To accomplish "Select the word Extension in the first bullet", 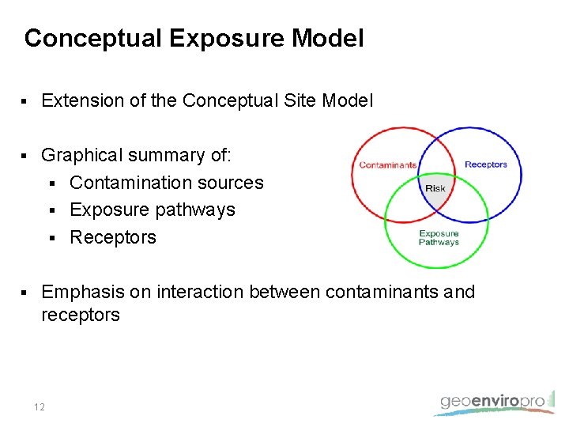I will [x=80, y=101].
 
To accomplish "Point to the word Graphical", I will [x=83, y=156].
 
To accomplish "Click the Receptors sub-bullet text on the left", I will [x=113, y=237].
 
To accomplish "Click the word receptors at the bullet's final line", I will [x=81, y=315].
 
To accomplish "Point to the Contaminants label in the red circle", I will [x=387, y=165].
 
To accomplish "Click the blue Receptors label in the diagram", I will [x=485, y=164].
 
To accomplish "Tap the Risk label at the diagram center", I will [x=435, y=188].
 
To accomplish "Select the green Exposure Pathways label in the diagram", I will [x=439, y=238].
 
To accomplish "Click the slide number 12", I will [x=40, y=407].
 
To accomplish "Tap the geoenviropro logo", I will [x=493, y=402].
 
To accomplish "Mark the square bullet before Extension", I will [x=25, y=102].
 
